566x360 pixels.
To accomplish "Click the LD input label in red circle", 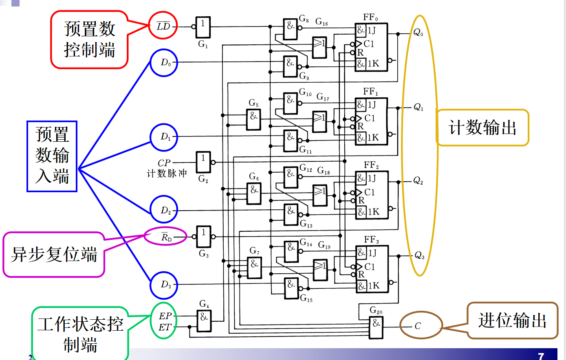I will pyautogui.click(x=163, y=26).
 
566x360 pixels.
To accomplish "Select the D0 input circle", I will pyautogui.click(x=164, y=63).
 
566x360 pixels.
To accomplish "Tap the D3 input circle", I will pyautogui.click(x=164, y=285).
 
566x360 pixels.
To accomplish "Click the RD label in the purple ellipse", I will pyautogui.click(x=166, y=237).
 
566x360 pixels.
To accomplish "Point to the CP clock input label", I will pyautogui.click(x=164, y=163).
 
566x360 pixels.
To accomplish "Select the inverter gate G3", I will pyautogui.click(x=203, y=237).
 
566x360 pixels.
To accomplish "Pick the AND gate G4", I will pyautogui.click(x=204, y=321).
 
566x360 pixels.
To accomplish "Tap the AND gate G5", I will pyautogui.click(x=253, y=120).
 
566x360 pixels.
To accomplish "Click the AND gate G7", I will pyautogui.click(x=254, y=268).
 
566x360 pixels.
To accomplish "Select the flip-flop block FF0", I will pyautogui.click(x=371, y=47).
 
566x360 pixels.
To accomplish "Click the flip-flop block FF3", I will pyautogui.click(x=372, y=269).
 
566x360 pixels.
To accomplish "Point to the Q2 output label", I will pyautogui.click(x=418, y=180).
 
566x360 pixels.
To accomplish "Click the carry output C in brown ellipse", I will pyautogui.click(x=418, y=326).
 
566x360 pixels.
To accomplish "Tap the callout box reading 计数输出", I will pyautogui.click(x=482, y=127).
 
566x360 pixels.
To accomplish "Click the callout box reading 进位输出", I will pyautogui.click(x=512, y=320).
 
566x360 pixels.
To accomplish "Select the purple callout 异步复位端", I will pyautogui.click(x=54, y=255).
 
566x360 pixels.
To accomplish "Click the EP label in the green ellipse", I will pyautogui.click(x=165, y=316).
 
